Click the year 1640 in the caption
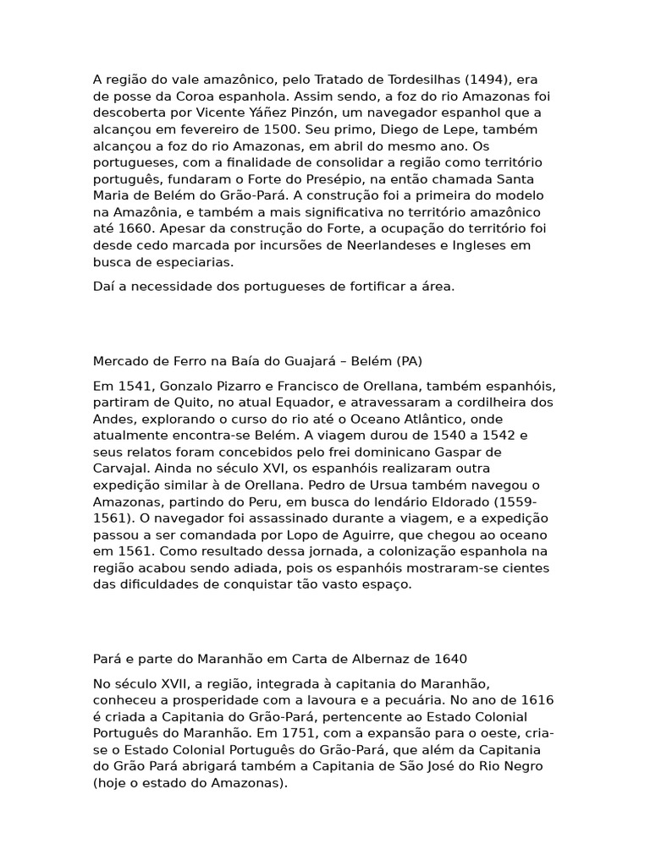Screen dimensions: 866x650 tap(450, 659)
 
